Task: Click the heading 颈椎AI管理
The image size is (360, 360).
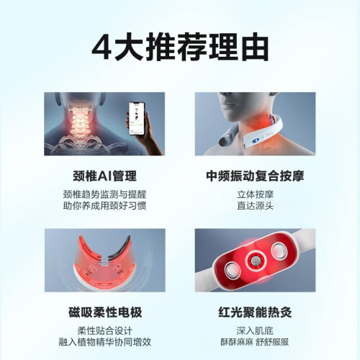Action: [x=104, y=176]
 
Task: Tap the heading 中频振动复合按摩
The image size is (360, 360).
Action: [x=255, y=176]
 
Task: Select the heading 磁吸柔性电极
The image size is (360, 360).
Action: [x=105, y=312]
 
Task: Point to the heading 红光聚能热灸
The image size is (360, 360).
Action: [x=255, y=312]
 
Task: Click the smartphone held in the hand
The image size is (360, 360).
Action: [x=137, y=119]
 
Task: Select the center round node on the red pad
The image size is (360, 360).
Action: [x=255, y=261]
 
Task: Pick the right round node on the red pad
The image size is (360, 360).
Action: [x=279, y=252]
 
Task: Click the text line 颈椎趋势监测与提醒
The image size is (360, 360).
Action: [x=104, y=194]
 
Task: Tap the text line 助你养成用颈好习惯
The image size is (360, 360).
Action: [x=104, y=206]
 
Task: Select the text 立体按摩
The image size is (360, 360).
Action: [x=255, y=194]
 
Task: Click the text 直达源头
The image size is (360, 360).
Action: [x=255, y=206]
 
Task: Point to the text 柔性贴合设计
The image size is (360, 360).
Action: [x=105, y=330]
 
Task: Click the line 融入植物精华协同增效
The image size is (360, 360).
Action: [x=105, y=342]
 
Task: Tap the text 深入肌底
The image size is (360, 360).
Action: [x=255, y=330]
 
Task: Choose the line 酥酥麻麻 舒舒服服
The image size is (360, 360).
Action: [x=255, y=342]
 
